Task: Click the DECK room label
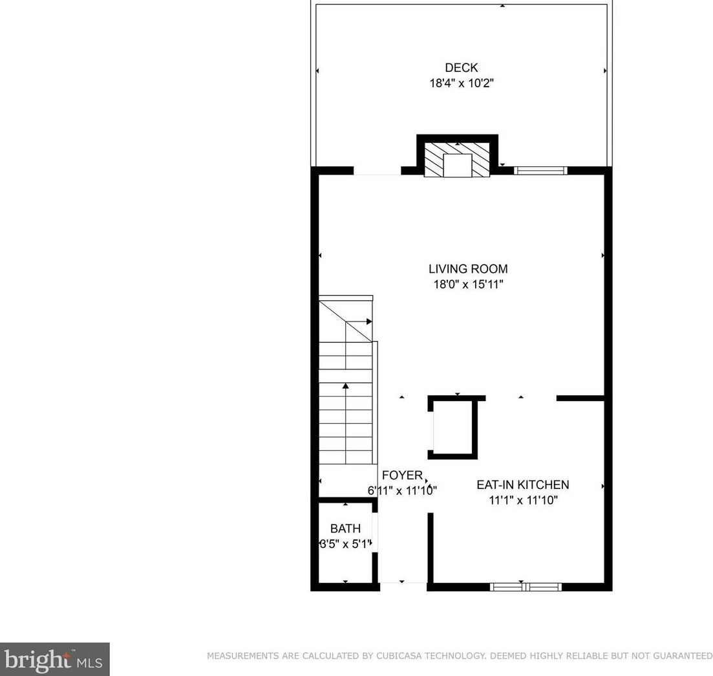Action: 461,68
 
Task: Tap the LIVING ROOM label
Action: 468,268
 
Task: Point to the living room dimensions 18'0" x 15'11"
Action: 468,285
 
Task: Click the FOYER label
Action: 402,475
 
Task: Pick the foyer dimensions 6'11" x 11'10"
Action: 402,490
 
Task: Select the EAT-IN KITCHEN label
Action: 522,485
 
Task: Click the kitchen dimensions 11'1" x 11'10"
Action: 522,500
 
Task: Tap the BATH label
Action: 345,529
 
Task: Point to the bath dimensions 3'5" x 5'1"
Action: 346,544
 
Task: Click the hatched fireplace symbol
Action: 457,160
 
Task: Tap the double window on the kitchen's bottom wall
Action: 526,587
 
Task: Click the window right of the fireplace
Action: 540,171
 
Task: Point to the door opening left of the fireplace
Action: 377,171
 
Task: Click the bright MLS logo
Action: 54,659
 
